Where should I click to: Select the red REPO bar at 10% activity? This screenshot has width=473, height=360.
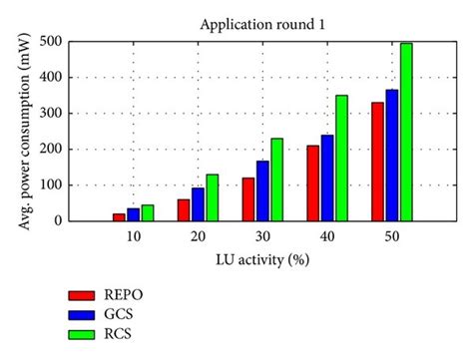tap(120, 216)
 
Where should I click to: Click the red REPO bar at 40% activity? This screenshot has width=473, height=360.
tap(313, 182)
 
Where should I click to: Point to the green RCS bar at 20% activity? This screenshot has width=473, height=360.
tap(212, 197)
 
